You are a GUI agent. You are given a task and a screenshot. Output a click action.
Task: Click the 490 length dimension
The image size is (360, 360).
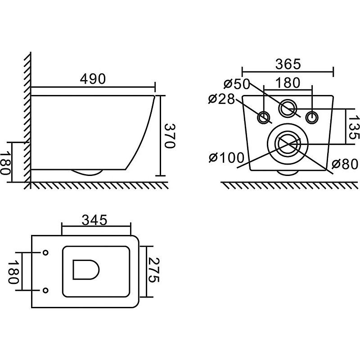tap(93, 79)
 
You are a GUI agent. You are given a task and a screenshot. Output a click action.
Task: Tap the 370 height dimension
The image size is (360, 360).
tap(170, 136)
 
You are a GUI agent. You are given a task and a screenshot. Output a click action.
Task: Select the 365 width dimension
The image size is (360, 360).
tap(288, 64)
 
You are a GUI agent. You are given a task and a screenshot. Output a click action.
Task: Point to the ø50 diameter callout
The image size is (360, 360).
tap(237, 84)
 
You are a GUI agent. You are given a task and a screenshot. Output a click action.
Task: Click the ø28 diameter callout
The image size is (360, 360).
tap(222, 99)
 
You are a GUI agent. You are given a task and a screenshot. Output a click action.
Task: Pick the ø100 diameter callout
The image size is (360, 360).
tap(226, 158)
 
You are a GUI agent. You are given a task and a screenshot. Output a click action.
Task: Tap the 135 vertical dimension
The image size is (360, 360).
tap(354, 127)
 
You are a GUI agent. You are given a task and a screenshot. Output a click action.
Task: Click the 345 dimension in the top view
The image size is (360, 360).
tap(94, 220)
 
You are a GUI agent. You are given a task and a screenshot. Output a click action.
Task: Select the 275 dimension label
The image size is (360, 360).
tap(153, 270)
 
